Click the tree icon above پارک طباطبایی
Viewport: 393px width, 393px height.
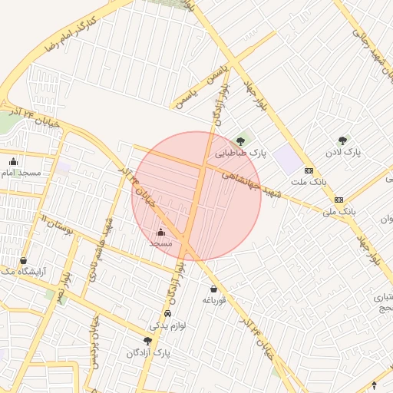coord(241,140)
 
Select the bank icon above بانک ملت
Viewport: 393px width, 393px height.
coord(309,170)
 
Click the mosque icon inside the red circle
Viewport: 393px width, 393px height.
coord(160,232)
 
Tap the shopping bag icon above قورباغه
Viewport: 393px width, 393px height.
coord(213,289)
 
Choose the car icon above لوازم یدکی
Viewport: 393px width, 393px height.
coord(167,314)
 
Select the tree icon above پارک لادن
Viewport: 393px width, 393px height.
coord(342,140)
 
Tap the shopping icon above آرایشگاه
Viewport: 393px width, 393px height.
coord(24,260)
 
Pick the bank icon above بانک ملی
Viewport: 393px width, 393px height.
coord(339,200)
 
